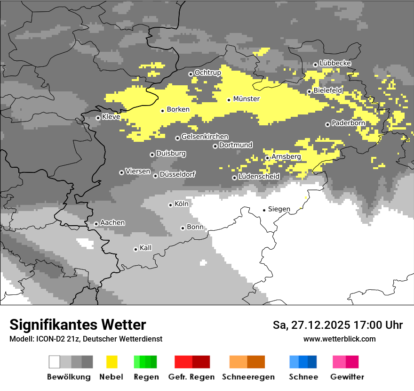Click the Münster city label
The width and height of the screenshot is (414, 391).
pos(247,99)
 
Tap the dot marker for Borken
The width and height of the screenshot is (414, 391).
pos(163,111)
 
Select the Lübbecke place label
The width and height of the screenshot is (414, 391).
pos(335,63)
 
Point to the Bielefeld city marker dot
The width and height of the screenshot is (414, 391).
pos(310,91)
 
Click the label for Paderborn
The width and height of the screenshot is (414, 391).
pos(348,123)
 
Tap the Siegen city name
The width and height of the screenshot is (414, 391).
pos(279,209)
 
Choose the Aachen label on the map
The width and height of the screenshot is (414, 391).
pos(112,222)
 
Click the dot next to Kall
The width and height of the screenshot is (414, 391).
pos(136,249)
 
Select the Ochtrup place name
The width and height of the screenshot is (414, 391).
pos(207,73)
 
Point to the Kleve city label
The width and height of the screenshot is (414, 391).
pos(111,117)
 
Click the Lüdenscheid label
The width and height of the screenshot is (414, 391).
pos(259,177)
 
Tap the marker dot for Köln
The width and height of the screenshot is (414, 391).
pos(170,205)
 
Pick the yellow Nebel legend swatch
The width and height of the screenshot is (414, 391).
pos(112,362)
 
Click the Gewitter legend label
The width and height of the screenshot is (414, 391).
pos(347,377)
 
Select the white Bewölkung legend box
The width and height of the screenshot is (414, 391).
pos(55,362)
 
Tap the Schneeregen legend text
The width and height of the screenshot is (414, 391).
pos(248,377)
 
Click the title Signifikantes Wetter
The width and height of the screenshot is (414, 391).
pos(78,325)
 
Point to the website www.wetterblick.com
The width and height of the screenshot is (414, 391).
pos(340,339)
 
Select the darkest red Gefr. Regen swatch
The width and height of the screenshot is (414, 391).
pos(201,362)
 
